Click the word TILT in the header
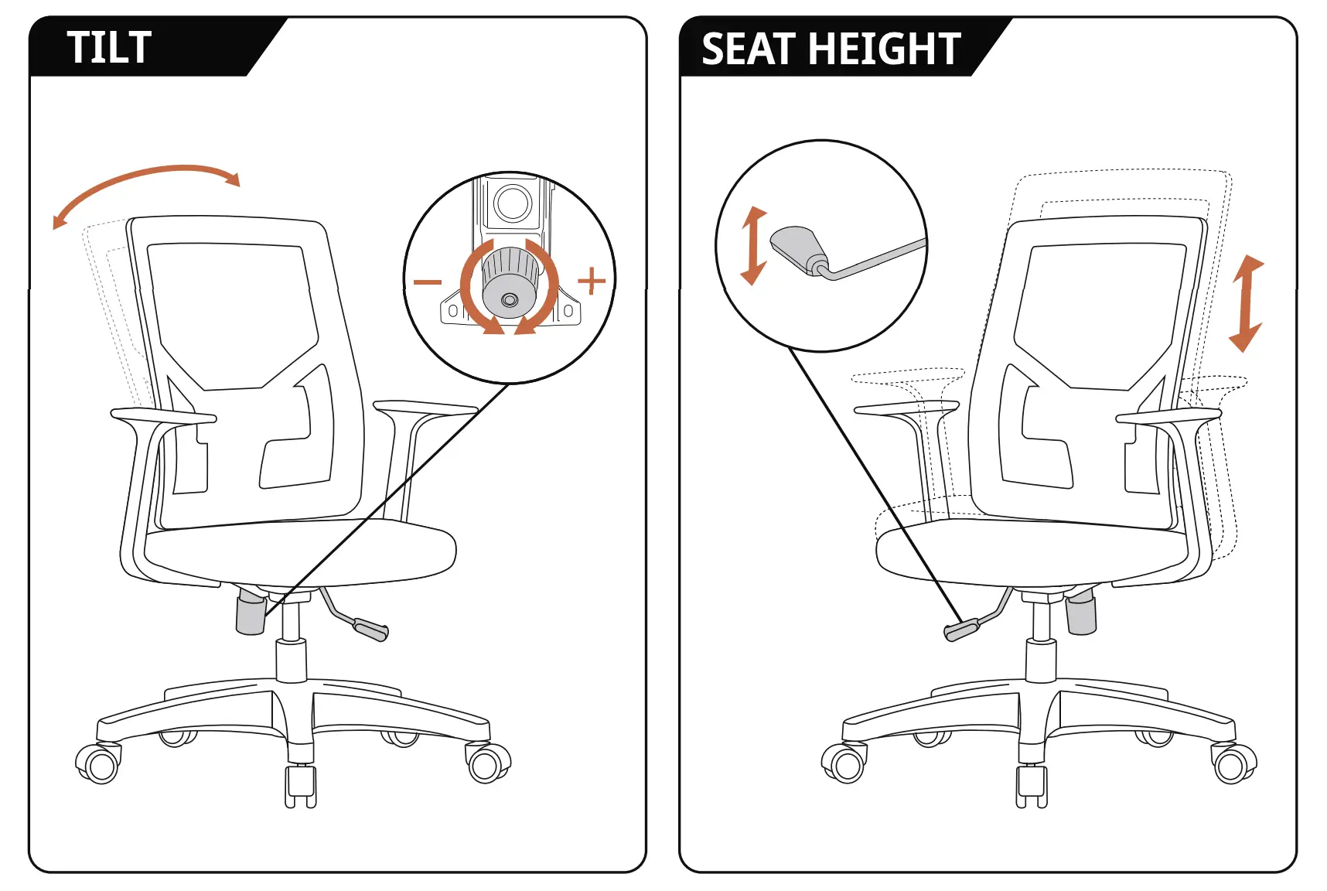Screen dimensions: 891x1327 (108, 48)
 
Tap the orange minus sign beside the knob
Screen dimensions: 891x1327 (427, 282)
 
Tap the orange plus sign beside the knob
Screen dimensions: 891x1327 (592, 281)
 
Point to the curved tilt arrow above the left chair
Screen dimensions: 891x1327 (147, 183)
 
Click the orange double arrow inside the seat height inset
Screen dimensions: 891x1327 (753, 246)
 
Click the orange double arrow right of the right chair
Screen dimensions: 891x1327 (1246, 303)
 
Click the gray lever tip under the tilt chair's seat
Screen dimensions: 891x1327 (370, 629)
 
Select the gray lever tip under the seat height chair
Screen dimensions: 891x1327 (961, 630)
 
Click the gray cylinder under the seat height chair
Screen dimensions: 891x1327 (1081, 613)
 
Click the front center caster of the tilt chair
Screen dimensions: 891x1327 (300, 785)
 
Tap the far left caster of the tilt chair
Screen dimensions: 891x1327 (98, 763)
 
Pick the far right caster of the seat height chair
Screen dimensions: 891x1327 (1234, 763)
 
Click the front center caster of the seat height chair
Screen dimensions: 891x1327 (1032, 785)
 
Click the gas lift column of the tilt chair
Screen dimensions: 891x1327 (291, 661)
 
